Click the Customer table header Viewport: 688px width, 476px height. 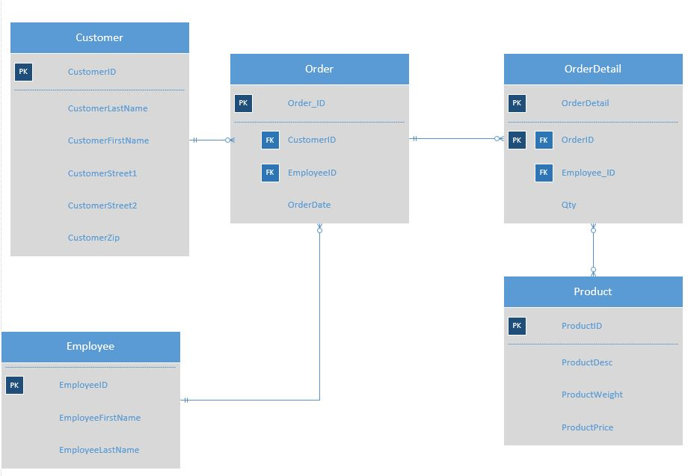click(x=99, y=37)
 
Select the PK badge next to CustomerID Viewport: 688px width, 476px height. click(x=23, y=72)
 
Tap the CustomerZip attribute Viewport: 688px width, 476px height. click(x=93, y=238)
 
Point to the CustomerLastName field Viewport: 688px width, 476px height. click(x=108, y=108)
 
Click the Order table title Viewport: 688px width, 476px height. click(x=319, y=69)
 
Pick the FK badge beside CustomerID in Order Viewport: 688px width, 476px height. click(x=270, y=140)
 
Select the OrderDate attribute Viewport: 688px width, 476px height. click(x=309, y=205)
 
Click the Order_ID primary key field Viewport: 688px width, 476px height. click(x=306, y=103)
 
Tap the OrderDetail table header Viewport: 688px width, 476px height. click(x=592, y=69)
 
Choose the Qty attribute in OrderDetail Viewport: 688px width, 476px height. click(x=569, y=205)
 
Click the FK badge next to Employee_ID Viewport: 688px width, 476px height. click(x=544, y=173)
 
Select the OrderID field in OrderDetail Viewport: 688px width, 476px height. click(x=577, y=140)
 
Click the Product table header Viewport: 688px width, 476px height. click(x=592, y=291)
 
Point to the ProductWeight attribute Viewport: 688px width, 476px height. click(x=592, y=395)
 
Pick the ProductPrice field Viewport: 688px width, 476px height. click(x=587, y=427)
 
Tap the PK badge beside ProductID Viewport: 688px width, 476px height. click(x=517, y=326)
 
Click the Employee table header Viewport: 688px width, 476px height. click(x=90, y=346)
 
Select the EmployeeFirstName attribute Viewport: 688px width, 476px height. click(x=99, y=418)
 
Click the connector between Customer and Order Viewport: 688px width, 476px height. click(x=210, y=140)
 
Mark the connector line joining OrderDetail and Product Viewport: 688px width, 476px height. click(x=593, y=250)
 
